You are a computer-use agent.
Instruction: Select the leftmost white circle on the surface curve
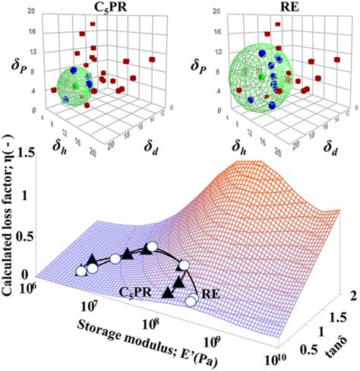click(x=81, y=269)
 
